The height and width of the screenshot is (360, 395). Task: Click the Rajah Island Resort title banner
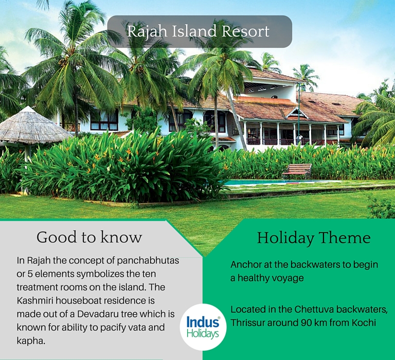tap(200, 31)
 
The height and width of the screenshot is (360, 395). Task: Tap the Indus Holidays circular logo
tap(203, 327)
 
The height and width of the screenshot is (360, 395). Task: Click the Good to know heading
tap(89, 237)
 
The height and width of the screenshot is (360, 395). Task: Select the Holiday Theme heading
tap(314, 238)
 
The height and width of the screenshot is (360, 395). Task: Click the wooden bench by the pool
tap(297, 170)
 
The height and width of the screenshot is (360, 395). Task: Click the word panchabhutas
tap(148, 261)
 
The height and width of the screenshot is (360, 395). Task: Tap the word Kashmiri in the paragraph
tap(35, 300)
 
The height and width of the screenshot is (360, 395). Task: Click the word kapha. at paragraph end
tap(31, 341)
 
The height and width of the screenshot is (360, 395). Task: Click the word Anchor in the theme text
tap(246, 265)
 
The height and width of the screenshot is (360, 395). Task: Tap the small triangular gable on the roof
tap(297, 113)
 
